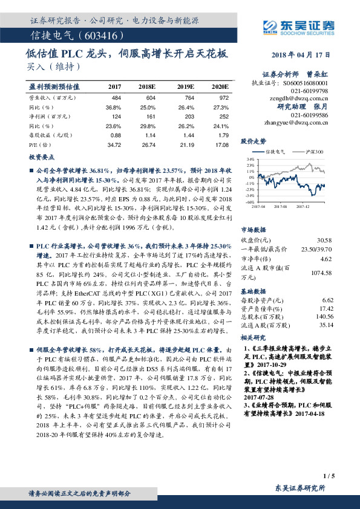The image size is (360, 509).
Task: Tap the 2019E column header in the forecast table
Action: point(186,88)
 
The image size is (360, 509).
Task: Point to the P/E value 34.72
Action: point(114,145)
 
